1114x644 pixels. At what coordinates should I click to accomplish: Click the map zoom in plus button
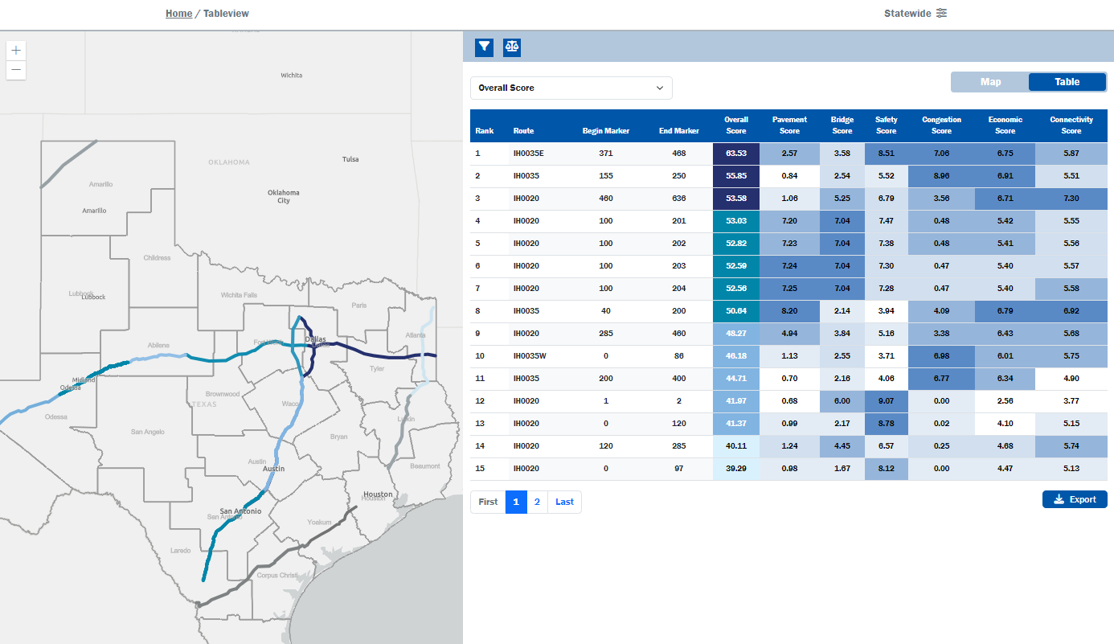click(x=16, y=50)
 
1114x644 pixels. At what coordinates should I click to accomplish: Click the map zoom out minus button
click(x=16, y=71)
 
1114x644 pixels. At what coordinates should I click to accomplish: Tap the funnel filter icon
click(x=484, y=47)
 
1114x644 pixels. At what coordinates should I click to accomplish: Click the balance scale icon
click(x=512, y=47)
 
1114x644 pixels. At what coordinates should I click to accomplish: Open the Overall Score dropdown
click(x=571, y=88)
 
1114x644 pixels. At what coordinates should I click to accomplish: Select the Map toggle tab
click(x=990, y=82)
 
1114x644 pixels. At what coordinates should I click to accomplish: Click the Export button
click(x=1075, y=499)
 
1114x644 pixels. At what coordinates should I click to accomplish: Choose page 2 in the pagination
click(x=537, y=502)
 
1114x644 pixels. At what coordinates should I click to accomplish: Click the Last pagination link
click(x=564, y=502)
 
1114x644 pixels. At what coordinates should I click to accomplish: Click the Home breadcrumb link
click(x=178, y=14)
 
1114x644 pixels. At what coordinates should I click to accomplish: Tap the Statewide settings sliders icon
click(x=941, y=14)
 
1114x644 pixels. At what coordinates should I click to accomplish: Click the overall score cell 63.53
click(x=736, y=154)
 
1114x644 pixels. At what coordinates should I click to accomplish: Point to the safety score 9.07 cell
click(x=886, y=401)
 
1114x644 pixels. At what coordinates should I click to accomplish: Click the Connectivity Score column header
click(x=1071, y=125)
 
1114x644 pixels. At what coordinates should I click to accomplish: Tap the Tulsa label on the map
click(x=350, y=159)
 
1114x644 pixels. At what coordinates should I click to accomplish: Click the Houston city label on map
click(x=377, y=494)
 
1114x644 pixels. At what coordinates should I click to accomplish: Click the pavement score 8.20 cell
click(x=789, y=311)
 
